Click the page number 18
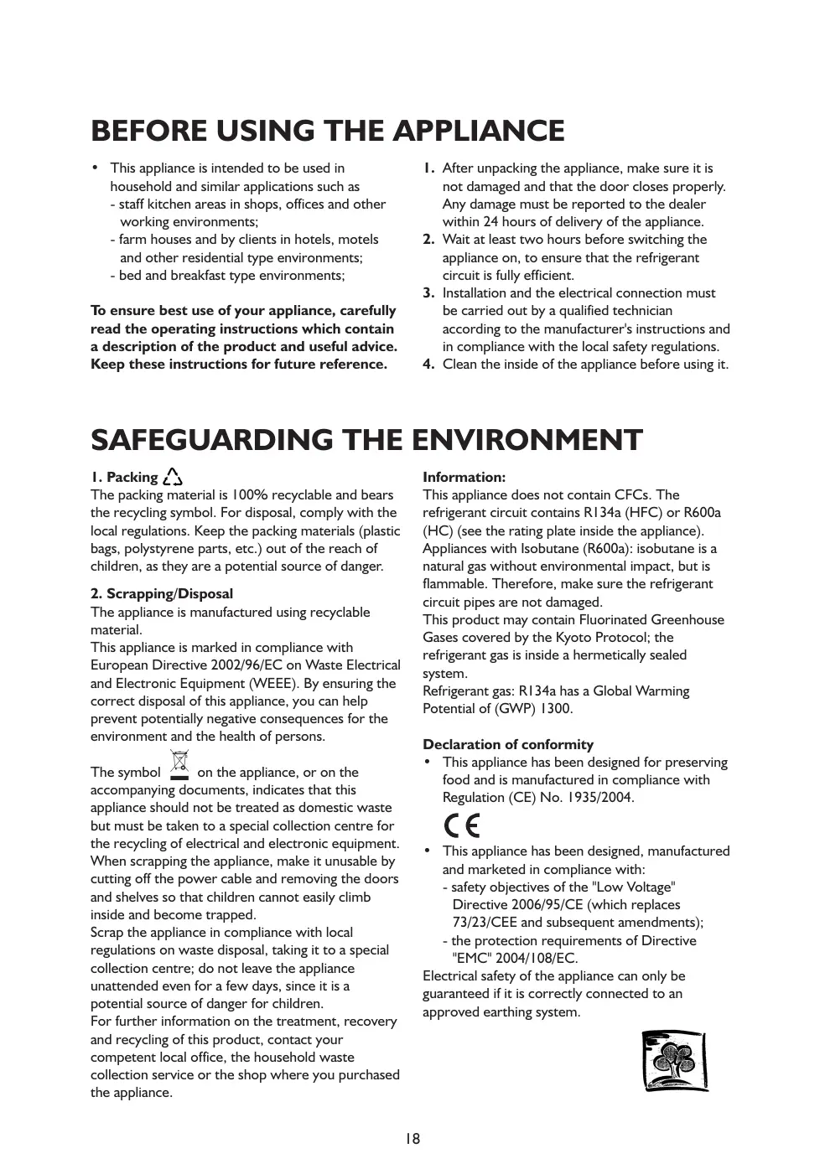click(x=412, y=1138)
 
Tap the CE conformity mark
click(x=462, y=825)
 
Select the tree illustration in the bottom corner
click(x=674, y=1061)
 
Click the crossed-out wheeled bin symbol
click(x=179, y=764)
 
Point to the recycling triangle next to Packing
click(x=173, y=477)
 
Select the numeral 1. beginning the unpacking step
click(x=428, y=168)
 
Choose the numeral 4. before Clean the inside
click(x=428, y=364)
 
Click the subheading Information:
click(x=464, y=477)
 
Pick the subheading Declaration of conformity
click(x=507, y=744)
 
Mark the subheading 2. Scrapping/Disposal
click(x=162, y=593)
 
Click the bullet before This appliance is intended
click(x=96, y=168)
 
